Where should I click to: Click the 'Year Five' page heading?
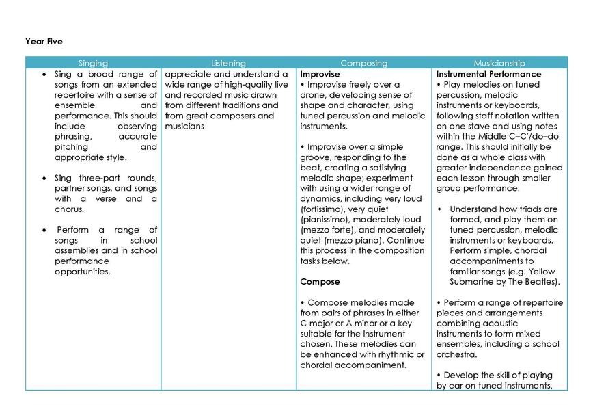(x=44, y=42)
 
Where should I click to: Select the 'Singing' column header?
(x=93, y=63)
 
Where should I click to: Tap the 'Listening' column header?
(x=228, y=63)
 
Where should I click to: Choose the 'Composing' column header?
(x=363, y=63)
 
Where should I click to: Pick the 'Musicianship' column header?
(x=499, y=63)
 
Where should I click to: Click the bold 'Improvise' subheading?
(x=320, y=74)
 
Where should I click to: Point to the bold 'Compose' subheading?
(x=320, y=282)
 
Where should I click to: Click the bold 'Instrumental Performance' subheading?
(x=488, y=74)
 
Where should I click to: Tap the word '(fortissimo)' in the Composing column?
(x=322, y=209)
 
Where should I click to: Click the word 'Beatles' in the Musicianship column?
(x=540, y=282)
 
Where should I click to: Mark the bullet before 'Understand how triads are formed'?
(x=440, y=209)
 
